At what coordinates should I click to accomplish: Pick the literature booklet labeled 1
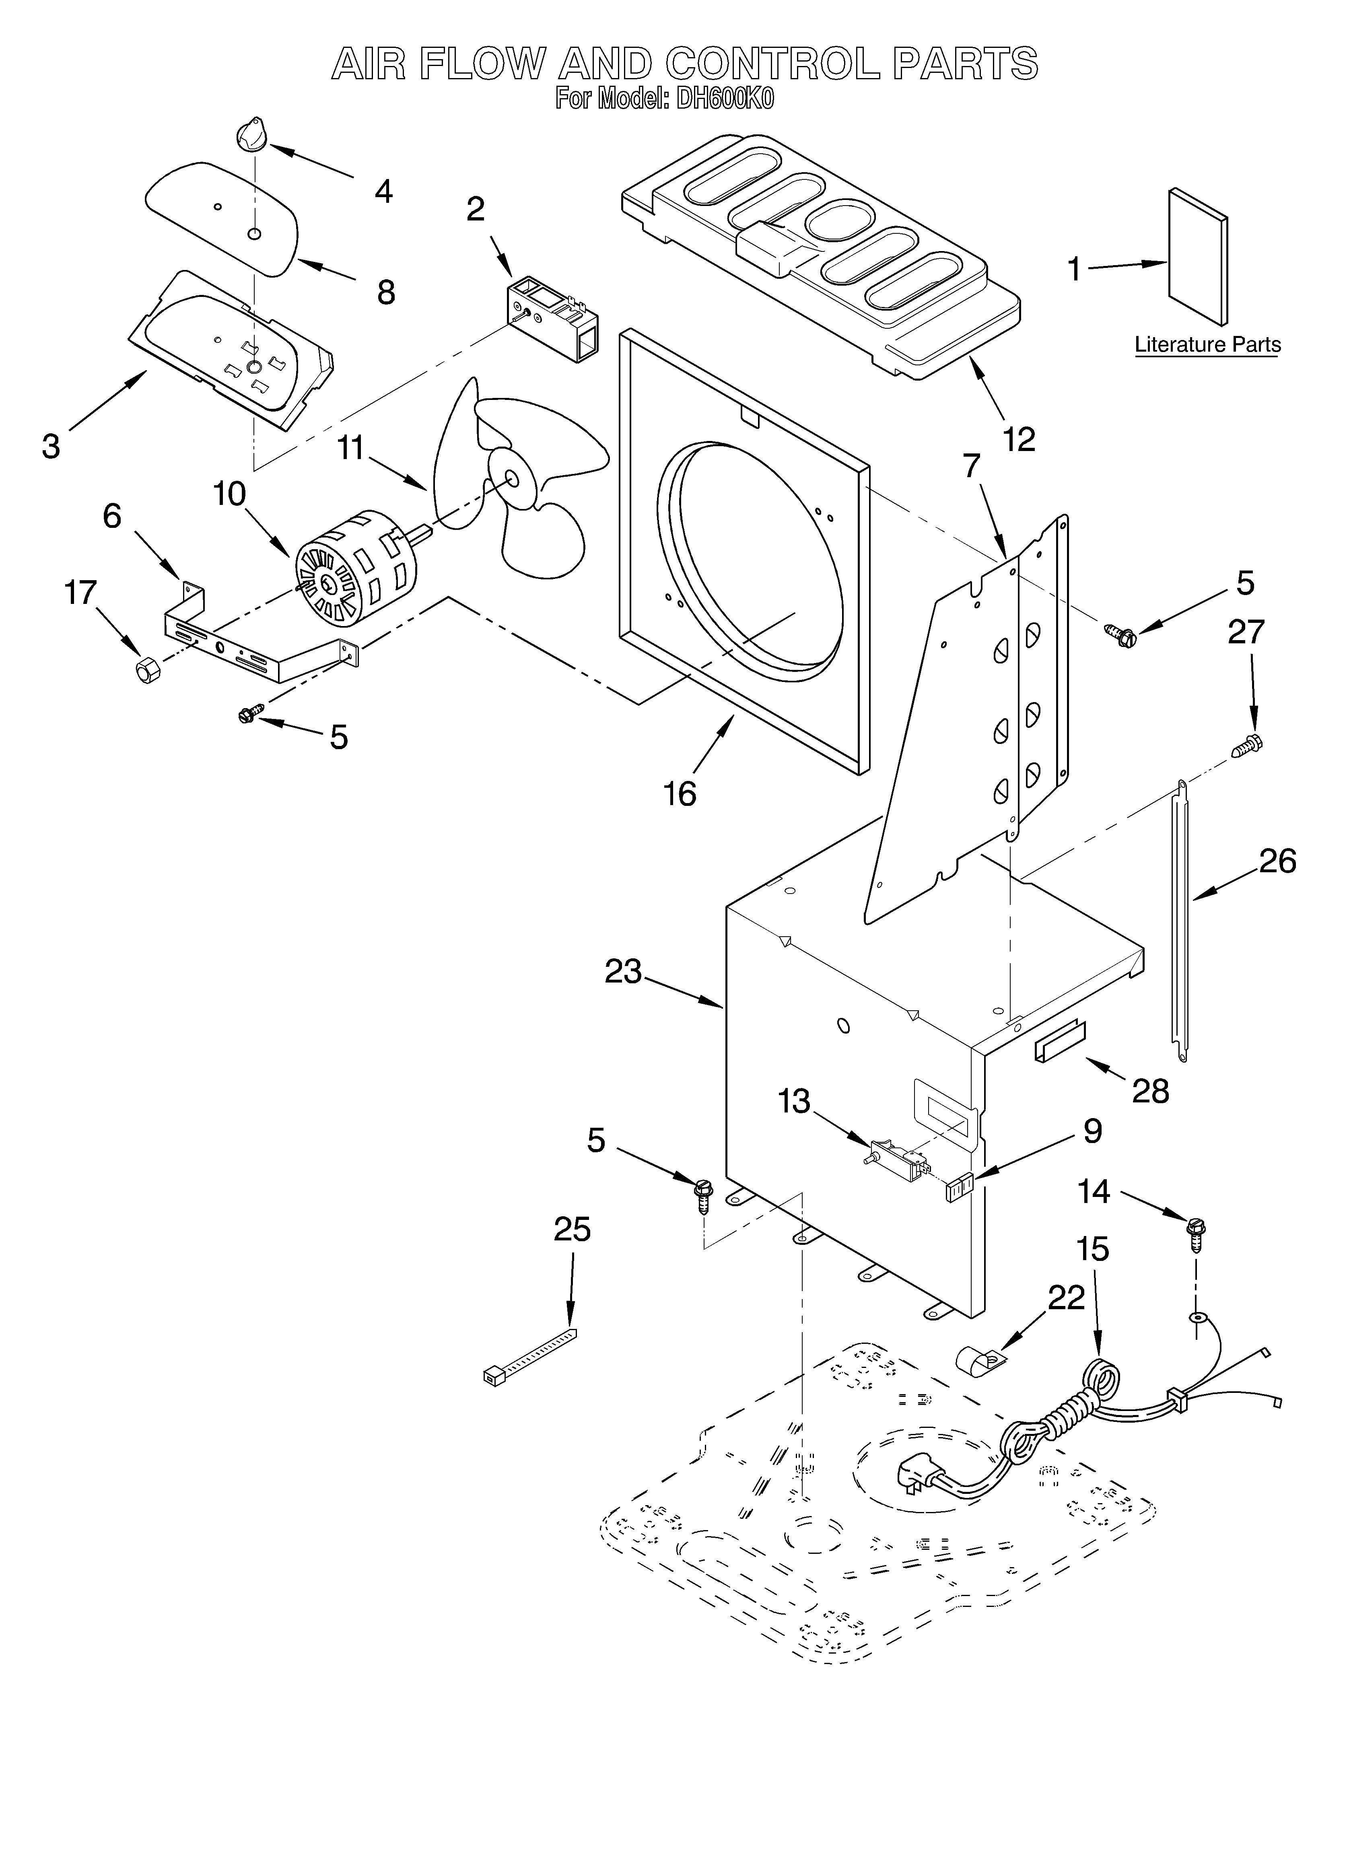pos(1197,257)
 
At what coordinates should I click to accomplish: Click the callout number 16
pos(679,793)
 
